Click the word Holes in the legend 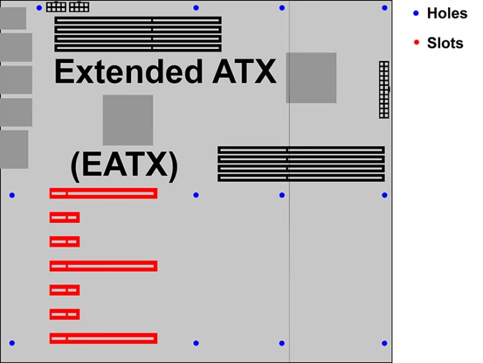pyautogui.click(x=447, y=13)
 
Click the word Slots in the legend pyautogui.click(x=445, y=43)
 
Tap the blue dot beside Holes pyautogui.click(x=416, y=13)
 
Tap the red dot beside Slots pyautogui.click(x=416, y=42)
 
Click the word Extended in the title pyautogui.click(x=128, y=72)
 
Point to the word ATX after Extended pyautogui.click(x=244, y=72)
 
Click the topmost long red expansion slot pyautogui.click(x=103, y=193)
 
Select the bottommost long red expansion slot pyautogui.click(x=103, y=338)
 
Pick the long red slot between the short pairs pyautogui.click(x=103, y=266)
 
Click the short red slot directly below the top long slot pyautogui.click(x=65, y=217)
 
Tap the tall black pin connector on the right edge pyautogui.click(x=384, y=89)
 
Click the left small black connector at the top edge pyautogui.click(x=56, y=7)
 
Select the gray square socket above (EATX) pyautogui.click(x=128, y=120)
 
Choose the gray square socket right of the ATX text pyautogui.click(x=311, y=78)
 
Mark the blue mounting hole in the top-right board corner pyautogui.click(x=384, y=8)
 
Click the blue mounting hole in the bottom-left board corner pyautogui.click(x=12, y=343)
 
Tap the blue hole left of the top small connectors pyautogui.click(x=39, y=8)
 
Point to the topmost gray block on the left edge pyautogui.click(x=13, y=19)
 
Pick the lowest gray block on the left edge pyautogui.click(x=14, y=149)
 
